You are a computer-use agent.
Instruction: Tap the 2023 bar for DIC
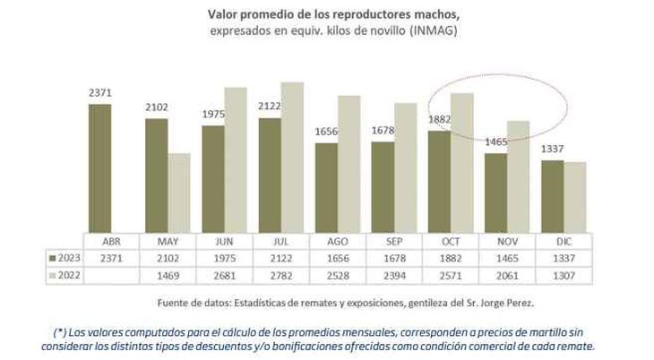coord(553,196)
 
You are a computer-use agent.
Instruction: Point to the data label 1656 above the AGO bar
coord(327,133)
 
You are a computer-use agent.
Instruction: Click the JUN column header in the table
coord(225,242)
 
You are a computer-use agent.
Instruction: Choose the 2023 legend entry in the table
coord(64,258)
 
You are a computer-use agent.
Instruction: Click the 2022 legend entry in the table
coord(64,274)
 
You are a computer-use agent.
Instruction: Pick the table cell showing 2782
coord(282,274)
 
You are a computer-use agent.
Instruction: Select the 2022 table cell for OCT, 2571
coord(453,274)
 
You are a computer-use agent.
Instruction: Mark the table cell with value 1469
coord(168,274)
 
